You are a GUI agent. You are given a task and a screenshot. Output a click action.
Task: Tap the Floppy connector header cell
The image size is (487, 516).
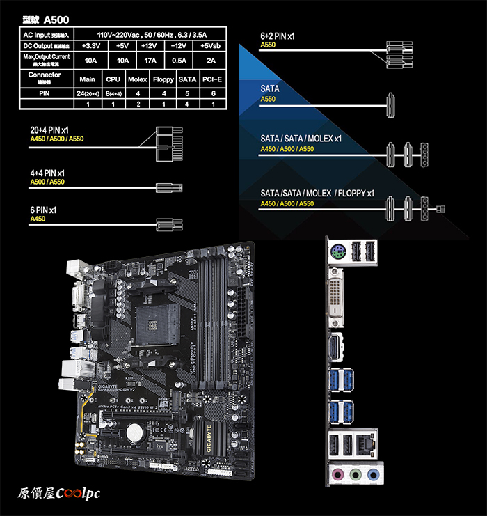pyautogui.click(x=163, y=79)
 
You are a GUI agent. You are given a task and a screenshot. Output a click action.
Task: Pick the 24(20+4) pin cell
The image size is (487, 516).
pyautogui.click(x=87, y=93)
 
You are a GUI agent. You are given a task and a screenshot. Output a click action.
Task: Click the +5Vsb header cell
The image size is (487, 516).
pyautogui.click(x=211, y=47)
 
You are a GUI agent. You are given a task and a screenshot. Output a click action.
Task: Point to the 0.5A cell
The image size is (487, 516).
pyautogui.click(x=179, y=60)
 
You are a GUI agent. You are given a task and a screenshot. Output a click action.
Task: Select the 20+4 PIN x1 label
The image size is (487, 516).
pyautogui.click(x=49, y=130)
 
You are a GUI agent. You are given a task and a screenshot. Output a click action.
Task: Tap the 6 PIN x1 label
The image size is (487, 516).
pyautogui.click(x=43, y=210)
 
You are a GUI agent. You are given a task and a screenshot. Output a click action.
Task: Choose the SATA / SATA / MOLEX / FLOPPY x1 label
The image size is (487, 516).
pyautogui.click(x=317, y=193)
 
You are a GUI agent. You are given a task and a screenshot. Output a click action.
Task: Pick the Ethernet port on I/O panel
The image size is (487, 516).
pyautogui.click(x=363, y=444)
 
